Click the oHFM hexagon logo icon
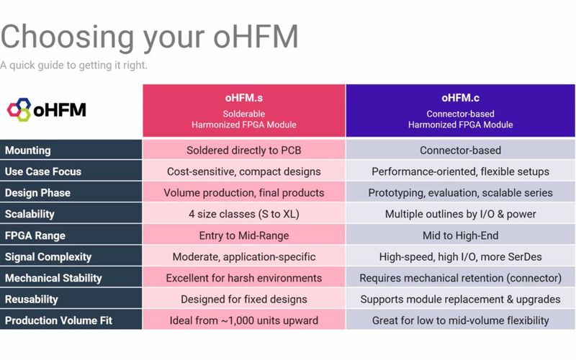tap(19, 110)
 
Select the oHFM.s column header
tap(243, 110)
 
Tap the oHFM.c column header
tap(460, 110)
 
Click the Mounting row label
tap(28, 150)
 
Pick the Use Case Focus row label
tap(43, 171)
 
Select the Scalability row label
tap(30, 214)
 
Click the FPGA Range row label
tap(35, 235)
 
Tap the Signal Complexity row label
tap(48, 256)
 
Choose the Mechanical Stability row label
tap(53, 278)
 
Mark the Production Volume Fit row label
tap(58, 320)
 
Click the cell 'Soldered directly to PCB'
tap(243, 150)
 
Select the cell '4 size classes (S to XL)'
tap(243, 214)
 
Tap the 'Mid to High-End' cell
tap(460, 235)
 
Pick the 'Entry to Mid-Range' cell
tap(243, 235)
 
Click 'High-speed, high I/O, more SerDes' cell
tap(460, 256)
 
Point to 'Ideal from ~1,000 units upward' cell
tap(243, 320)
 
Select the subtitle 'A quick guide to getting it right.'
tap(74, 66)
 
